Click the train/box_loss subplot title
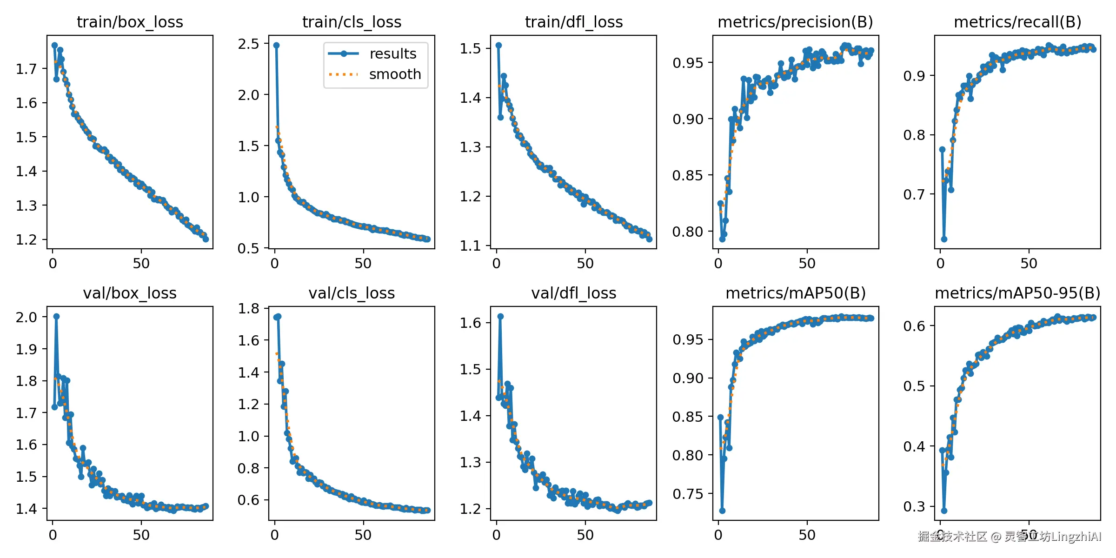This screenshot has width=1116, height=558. pyautogui.click(x=130, y=22)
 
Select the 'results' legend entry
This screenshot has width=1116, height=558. pyautogui.click(x=392, y=54)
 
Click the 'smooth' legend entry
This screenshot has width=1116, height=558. pyautogui.click(x=394, y=74)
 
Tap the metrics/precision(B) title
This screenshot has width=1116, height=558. pyautogui.click(x=795, y=22)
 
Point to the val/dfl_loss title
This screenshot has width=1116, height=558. pyautogui.click(x=573, y=293)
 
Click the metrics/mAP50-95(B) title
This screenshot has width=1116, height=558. pyautogui.click(x=1017, y=293)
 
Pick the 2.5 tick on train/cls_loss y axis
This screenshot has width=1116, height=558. pyautogui.click(x=248, y=44)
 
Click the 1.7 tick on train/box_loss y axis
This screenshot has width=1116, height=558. pyautogui.click(x=26, y=69)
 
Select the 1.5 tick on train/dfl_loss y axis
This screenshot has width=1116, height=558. pyautogui.click(x=470, y=49)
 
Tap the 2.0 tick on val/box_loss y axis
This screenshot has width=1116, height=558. pyautogui.click(x=26, y=318)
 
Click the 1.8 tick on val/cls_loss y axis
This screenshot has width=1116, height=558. pyautogui.click(x=248, y=309)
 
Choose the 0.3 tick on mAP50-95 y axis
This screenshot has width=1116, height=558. pyautogui.click(x=914, y=506)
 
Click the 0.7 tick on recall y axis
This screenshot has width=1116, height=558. pyautogui.click(x=914, y=195)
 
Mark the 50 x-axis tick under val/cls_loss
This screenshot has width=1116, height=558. pyautogui.click(x=363, y=535)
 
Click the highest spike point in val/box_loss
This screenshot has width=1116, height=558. pyautogui.click(x=56, y=316)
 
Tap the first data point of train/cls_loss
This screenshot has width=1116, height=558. pyautogui.click(x=276, y=45)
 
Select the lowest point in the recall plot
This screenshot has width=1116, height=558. pyautogui.click(x=944, y=239)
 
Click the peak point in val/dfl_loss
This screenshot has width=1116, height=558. pyautogui.click(x=500, y=316)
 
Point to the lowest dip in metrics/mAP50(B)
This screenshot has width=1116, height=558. pyautogui.click(x=722, y=511)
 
